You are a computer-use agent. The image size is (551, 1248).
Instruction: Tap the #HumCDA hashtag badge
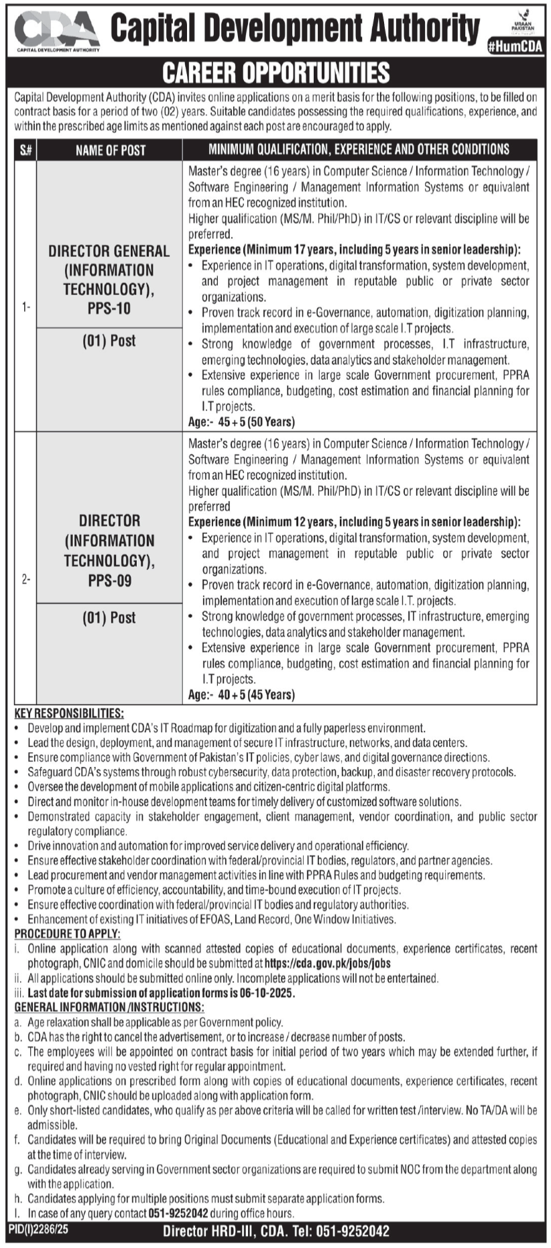point(515,46)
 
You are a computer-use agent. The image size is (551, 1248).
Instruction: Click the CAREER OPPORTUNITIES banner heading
point(275,72)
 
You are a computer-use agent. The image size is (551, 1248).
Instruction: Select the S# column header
point(25,150)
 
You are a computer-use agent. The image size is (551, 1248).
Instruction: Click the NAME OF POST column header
point(110,150)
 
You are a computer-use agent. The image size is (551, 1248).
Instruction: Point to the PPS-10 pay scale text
point(109,309)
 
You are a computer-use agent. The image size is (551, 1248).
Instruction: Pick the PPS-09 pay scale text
point(109,580)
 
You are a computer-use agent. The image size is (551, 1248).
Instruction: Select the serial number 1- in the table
point(25,307)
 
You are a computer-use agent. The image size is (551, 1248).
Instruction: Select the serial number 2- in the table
point(25,578)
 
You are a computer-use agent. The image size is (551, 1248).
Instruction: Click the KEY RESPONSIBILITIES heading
point(69,713)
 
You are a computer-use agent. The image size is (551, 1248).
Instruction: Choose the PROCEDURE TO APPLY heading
point(68,933)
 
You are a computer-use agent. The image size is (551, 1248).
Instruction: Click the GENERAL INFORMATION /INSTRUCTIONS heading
point(109,1007)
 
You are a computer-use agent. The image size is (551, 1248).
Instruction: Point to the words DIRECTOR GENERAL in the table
point(109,251)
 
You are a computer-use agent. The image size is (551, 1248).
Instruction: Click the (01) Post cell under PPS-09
point(109,617)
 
